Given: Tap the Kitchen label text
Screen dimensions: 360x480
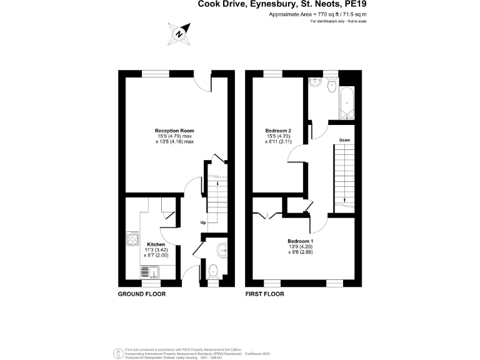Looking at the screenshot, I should (156, 244).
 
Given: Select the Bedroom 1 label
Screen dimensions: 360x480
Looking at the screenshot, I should (300, 241).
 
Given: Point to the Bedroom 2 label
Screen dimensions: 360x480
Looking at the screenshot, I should (278, 130).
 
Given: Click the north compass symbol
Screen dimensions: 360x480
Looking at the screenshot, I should (180, 33).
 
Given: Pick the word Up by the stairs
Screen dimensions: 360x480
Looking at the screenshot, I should (203, 222).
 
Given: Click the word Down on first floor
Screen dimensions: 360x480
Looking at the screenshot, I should (344, 140).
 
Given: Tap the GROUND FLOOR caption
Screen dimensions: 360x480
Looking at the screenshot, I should (142, 294).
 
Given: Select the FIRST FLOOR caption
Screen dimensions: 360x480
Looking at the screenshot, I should (265, 294).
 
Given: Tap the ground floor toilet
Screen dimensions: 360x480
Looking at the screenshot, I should (212, 271).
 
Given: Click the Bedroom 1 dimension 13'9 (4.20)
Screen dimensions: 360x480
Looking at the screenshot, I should (300, 247).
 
